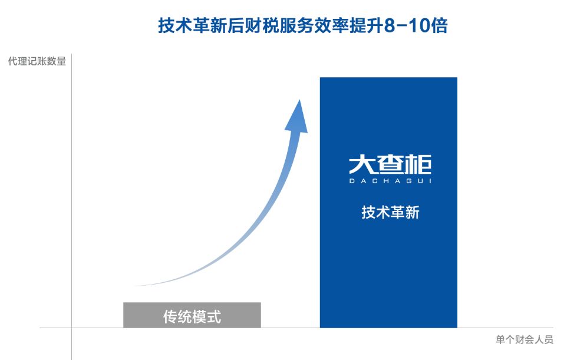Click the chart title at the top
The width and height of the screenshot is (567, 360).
pyautogui.click(x=303, y=26)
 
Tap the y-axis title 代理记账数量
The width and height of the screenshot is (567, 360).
pyautogui.click(x=37, y=61)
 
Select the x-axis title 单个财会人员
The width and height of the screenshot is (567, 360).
pyautogui.click(x=525, y=340)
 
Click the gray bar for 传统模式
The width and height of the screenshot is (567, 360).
pyautogui.click(x=192, y=315)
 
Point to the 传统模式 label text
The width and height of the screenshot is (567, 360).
pyautogui.click(x=192, y=316)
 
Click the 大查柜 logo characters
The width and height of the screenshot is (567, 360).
pyautogui.click(x=390, y=164)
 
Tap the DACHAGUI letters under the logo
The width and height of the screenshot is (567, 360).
pyautogui.click(x=390, y=181)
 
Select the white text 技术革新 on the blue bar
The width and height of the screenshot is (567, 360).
pyautogui.click(x=391, y=212)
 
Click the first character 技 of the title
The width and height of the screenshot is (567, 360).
pyautogui.click(x=167, y=26)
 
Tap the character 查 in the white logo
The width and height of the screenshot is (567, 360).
pyautogui.click(x=390, y=164)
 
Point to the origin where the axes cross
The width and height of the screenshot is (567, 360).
pyautogui.click(x=71, y=328)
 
